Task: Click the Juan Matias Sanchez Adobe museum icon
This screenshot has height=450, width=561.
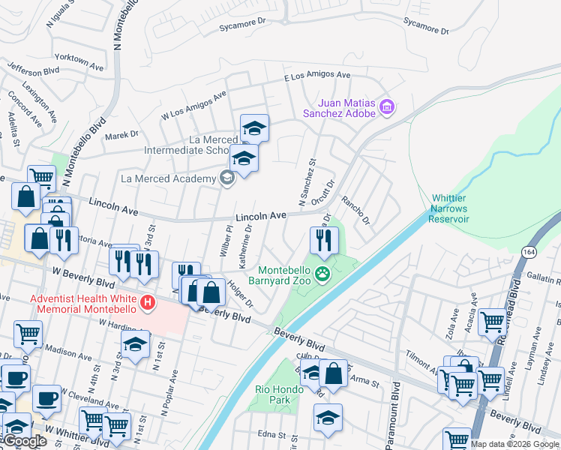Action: (387, 107)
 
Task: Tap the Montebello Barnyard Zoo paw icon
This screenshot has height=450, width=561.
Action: (323, 274)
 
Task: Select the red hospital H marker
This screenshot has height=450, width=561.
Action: (148, 302)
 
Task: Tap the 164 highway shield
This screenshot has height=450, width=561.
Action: (529, 251)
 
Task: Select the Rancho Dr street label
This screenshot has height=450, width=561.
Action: (356, 211)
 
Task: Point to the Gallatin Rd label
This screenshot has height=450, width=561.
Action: (544, 278)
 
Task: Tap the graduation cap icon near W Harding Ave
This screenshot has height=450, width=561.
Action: (135, 345)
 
